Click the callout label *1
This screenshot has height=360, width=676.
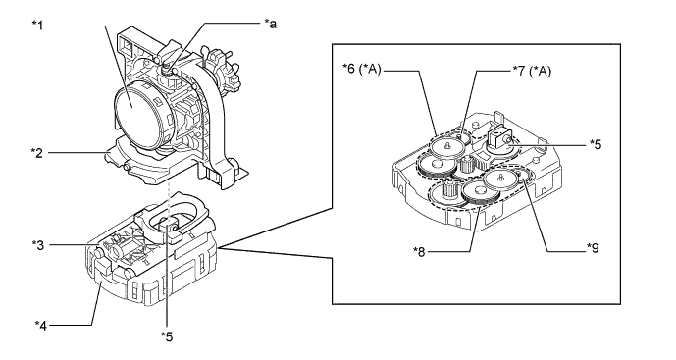(x=38, y=26)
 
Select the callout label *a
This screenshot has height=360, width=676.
(x=271, y=24)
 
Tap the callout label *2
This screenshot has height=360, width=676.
(x=37, y=152)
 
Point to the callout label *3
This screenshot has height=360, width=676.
(x=38, y=245)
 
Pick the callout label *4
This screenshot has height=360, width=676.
(x=41, y=325)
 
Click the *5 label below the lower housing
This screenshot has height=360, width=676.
(x=167, y=336)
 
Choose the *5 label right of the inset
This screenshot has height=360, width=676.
(x=595, y=144)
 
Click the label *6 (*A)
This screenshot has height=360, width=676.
(x=362, y=69)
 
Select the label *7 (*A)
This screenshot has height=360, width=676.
(x=532, y=70)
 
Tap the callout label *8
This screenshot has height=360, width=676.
(x=419, y=251)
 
